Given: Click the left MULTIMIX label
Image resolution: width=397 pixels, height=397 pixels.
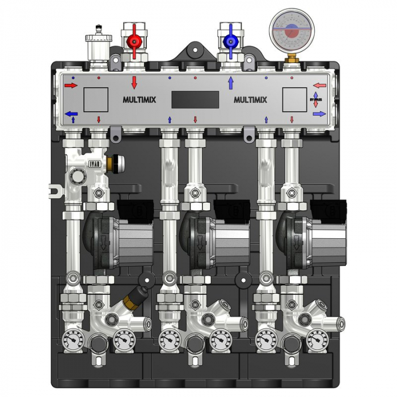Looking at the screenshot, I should (x=140, y=100).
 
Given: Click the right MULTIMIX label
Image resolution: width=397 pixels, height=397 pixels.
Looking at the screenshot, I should (x=250, y=100).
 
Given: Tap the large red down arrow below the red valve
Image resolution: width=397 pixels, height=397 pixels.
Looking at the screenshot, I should (x=134, y=83).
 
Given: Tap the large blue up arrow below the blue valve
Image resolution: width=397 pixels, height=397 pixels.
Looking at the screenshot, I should (x=231, y=83).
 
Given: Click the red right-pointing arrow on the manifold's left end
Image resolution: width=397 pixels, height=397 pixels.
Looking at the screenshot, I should (x=71, y=86).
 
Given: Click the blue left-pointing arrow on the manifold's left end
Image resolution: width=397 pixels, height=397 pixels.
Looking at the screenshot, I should (x=71, y=114).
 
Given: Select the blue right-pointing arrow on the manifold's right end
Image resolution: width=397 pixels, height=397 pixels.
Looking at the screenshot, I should (x=319, y=114).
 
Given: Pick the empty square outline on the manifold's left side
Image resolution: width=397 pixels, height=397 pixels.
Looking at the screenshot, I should (x=96, y=100).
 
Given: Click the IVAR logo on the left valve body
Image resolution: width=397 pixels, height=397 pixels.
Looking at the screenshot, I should (x=94, y=164).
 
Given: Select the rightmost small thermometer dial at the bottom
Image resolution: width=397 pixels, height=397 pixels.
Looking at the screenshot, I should (x=316, y=340).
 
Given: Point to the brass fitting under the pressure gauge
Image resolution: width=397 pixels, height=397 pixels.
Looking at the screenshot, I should (x=290, y=57).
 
